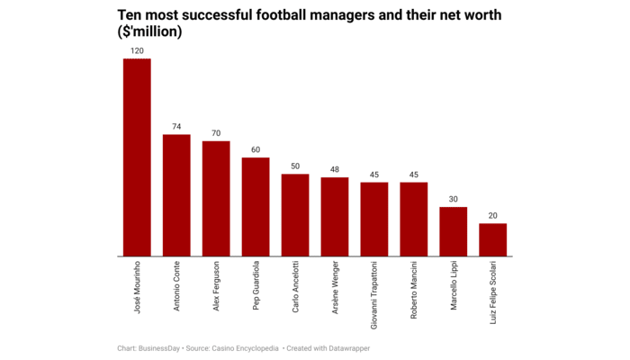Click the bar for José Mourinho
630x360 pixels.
point(137,157)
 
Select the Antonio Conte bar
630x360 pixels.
point(176,195)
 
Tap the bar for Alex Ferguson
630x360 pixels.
point(216,198)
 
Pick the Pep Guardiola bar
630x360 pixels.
point(256,207)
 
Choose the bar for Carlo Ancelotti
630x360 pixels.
point(295,215)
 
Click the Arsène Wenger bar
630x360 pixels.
point(335,217)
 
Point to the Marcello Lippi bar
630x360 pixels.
point(454,231)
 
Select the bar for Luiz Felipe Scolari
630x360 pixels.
point(493,239)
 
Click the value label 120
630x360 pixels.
point(137,50)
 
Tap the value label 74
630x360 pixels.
point(176,127)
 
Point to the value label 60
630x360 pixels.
point(256,150)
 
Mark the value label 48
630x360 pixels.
point(335,169)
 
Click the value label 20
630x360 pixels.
point(493,216)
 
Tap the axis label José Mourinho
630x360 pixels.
point(137,283)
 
